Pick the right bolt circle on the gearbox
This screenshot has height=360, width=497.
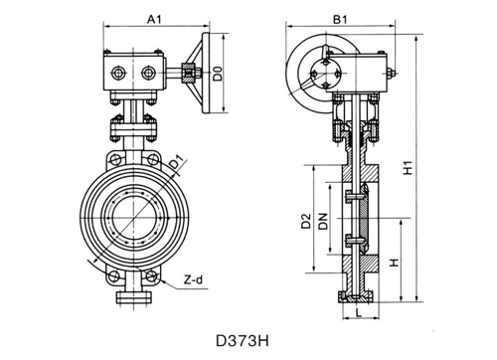pyautogui.click(x=150, y=73)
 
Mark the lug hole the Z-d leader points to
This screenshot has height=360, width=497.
pyautogui.click(x=152, y=277)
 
